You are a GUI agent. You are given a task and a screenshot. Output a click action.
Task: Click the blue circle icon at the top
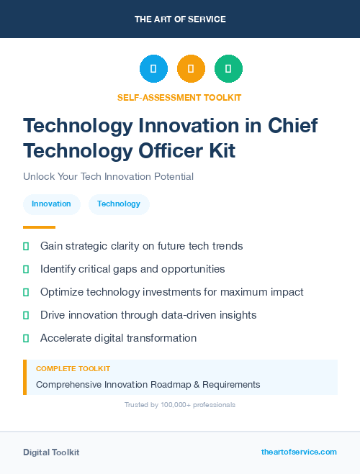153,69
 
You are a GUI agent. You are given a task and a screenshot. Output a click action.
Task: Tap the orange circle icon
191,69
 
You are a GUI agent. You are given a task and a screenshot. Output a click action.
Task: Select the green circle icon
228,69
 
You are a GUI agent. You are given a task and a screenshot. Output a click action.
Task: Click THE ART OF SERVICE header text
180,19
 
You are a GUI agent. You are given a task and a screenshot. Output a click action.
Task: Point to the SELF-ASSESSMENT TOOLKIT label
179,97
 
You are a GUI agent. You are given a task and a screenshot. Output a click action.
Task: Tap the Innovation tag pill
51,204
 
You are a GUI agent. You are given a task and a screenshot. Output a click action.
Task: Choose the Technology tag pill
119,204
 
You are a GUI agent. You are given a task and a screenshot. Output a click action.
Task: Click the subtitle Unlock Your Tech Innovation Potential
108,176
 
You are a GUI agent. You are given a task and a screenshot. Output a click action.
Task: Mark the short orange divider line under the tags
39,227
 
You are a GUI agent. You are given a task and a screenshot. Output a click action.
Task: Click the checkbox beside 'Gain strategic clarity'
26,246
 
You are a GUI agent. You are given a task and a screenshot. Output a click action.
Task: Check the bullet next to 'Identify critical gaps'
26,269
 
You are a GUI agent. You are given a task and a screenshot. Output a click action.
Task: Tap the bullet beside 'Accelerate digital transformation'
26,338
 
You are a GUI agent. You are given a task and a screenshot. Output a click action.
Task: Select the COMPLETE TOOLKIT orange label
73,368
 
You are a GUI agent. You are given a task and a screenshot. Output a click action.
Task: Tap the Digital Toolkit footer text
51,452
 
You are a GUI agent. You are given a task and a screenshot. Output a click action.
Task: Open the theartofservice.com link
299,452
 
